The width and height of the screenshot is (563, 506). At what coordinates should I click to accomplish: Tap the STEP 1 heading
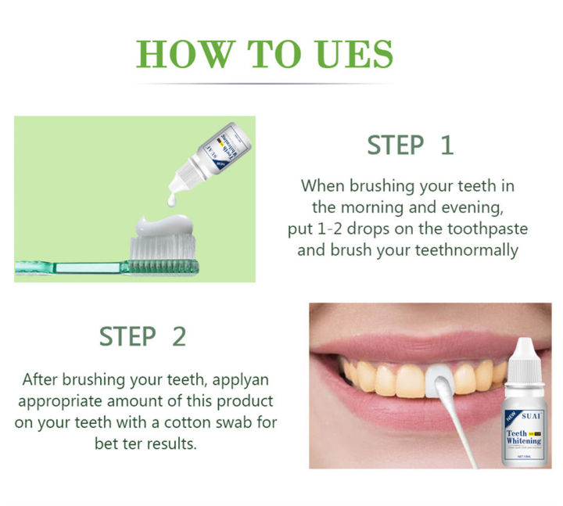coord(410,145)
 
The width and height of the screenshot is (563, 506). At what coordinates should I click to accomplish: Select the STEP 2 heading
coord(142,336)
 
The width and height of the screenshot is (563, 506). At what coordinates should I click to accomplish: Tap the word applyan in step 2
coord(249,379)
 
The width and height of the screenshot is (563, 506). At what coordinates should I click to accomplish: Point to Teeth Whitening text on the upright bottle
coord(523,434)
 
